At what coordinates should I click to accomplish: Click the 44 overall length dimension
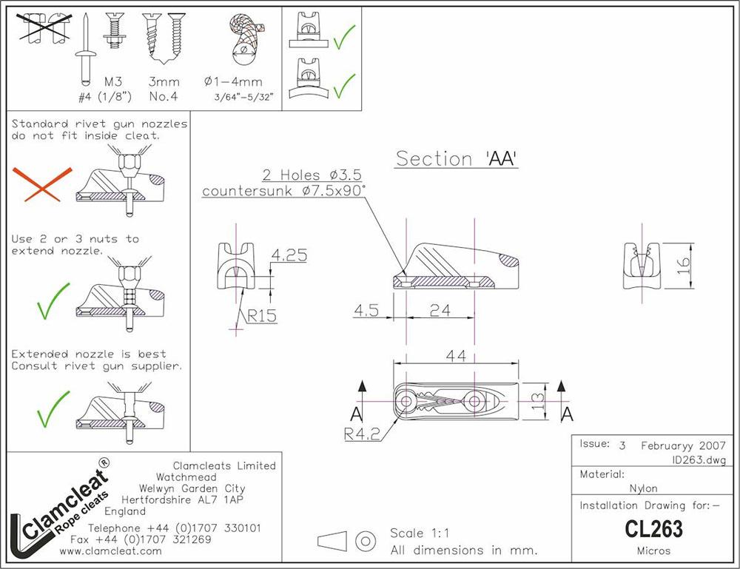pyautogui.click(x=456, y=355)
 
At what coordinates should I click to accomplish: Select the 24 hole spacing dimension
pyautogui.click(x=440, y=310)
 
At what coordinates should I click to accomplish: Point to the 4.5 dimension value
pyautogui.click(x=366, y=310)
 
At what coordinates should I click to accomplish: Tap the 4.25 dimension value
pyautogui.click(x=289, y=255)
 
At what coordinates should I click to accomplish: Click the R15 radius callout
pyautogui.click(x=262, y=316)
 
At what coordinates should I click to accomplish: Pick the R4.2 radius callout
pyautogui.click(x=362, y=434)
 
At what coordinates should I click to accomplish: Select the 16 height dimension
pyautogui.click(x=683, y=266)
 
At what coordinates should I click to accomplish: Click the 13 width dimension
pyautogui.click(x=537, y=401)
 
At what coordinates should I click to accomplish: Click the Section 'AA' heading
pyautogui.click(x=457, y=158)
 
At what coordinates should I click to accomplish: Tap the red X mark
pyautogui.click(x=41, y=184)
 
